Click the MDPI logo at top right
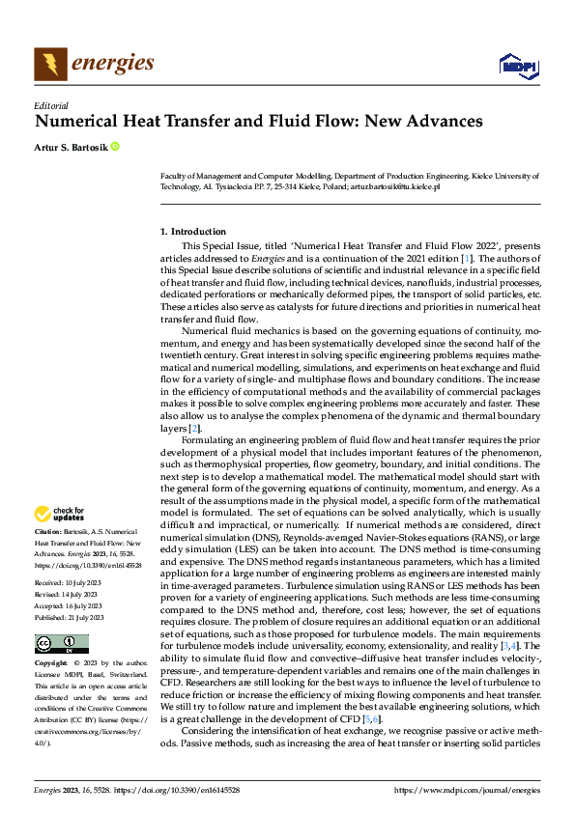coord(517,66)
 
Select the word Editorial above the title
coord(50,105)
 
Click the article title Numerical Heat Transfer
coord(258,122)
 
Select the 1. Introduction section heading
coord(192,232)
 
